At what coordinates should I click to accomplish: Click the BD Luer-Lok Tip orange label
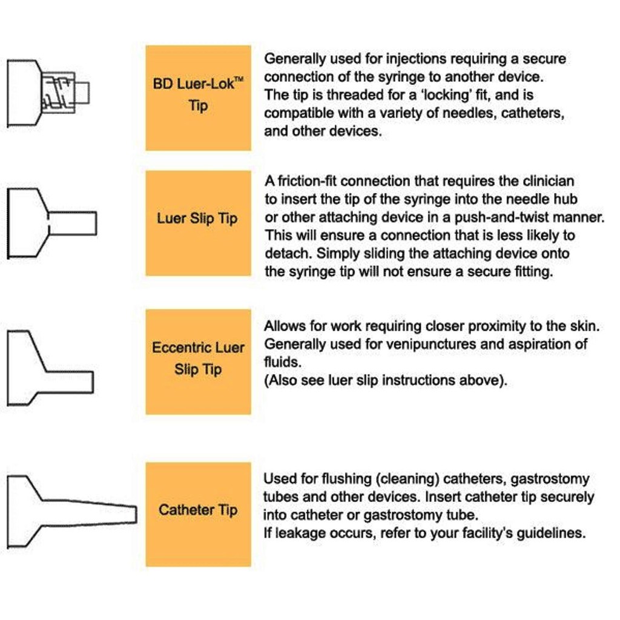198,97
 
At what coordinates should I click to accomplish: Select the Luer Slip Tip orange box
198,223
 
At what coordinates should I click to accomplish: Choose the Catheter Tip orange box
198,514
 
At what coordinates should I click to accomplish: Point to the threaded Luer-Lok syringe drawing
48,93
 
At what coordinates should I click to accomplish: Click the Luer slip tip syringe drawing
51,223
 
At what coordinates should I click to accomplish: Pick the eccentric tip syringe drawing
50,368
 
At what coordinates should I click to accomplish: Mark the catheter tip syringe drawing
71,512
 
